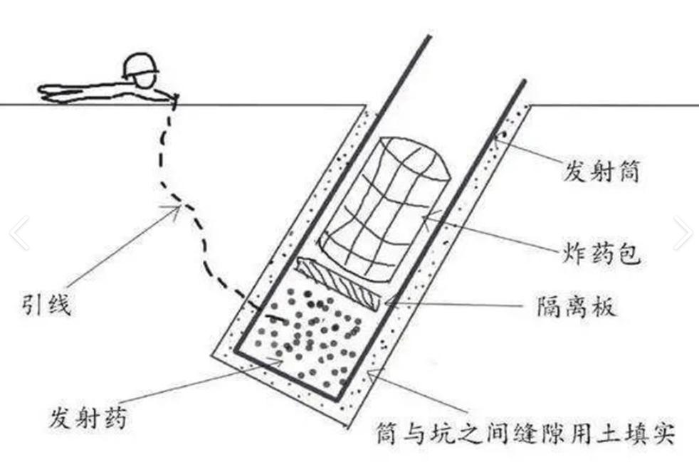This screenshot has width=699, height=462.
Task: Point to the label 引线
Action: tap(47, 309)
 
